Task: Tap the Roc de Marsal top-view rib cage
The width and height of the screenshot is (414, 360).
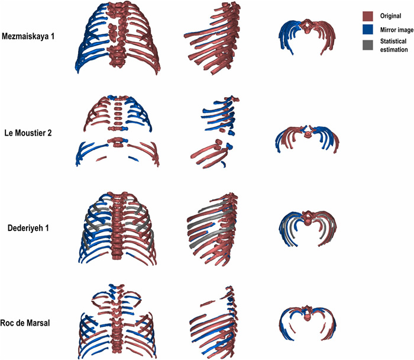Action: pos(309,323)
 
